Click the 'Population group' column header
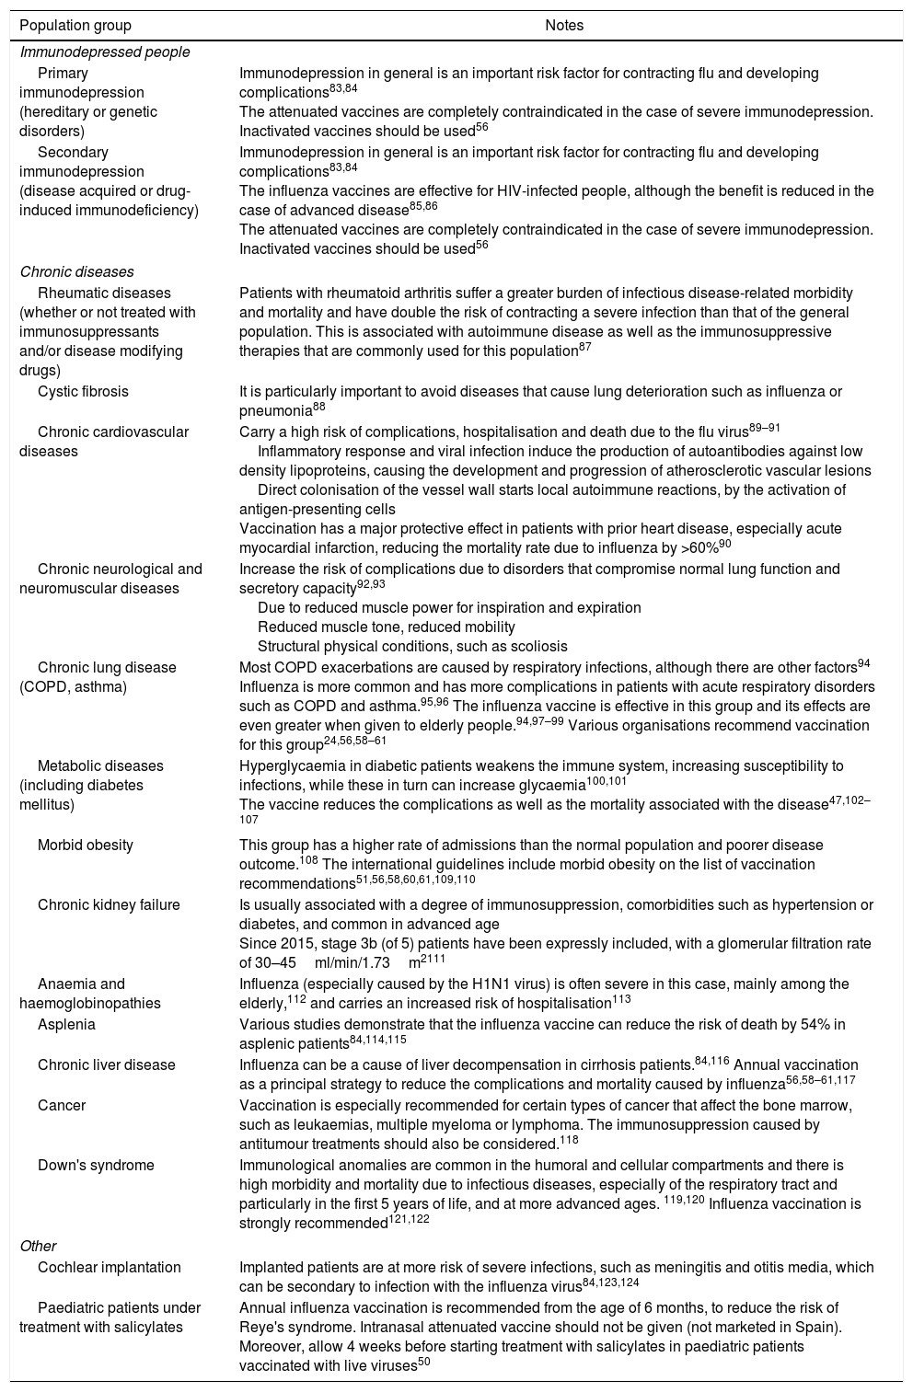click(x=75, y=26)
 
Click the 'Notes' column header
click(x=564, y=26)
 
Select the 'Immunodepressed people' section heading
click(x=105, y=52)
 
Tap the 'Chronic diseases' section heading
click(x=77, y=272)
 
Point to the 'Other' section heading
click(x=38, y=1247)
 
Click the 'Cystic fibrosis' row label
click(x=83, y=392)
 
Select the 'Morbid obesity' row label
click(x=85, y=845)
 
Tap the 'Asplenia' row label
click(x=66, y=1024)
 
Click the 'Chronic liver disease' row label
click(x=106, y=1064)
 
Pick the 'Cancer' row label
click(x=61, y=1105)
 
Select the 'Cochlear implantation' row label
click(x=109, y=1268)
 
